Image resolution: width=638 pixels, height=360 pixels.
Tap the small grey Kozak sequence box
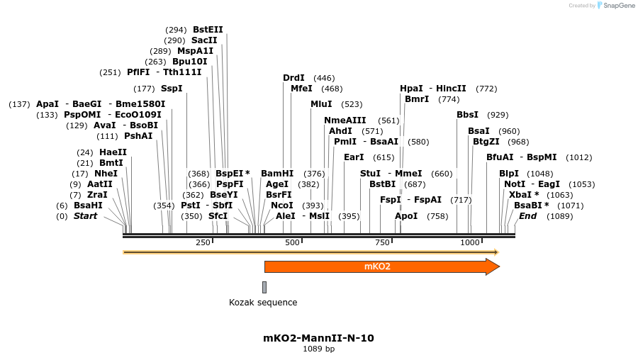(x=264, y=287)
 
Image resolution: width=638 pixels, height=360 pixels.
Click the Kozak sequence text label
(x=263, y=303)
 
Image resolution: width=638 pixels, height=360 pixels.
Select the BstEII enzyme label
(x=208, y=30)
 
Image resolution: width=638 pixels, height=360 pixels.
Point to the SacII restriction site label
(x=204, y=40)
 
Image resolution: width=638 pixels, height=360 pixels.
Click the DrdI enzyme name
(x=293, y=78)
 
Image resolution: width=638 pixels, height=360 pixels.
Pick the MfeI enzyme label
(x=301, y=89)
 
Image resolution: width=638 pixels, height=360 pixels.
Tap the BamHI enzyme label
(x=276, y=173)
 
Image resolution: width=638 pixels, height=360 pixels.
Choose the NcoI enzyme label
(x=281, y=205)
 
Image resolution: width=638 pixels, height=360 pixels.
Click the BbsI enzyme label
(x=467, y=114)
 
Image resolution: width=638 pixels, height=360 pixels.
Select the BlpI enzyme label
(x=509, y=173)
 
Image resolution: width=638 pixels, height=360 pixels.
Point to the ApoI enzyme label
(x=406, y=215)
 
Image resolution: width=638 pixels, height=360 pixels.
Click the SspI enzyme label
(x=172, y=89)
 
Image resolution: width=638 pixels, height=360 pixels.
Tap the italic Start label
(x=86, y=215)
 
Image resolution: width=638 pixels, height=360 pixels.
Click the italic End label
(x=527, y=215)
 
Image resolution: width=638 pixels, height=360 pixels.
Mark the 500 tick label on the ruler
(x=292, y=242)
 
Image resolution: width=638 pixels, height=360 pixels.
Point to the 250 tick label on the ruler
(x=203, y=242)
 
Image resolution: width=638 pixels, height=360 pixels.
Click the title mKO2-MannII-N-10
(x=318, y=338)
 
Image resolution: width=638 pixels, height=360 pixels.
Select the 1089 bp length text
(x=318, y=349)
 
